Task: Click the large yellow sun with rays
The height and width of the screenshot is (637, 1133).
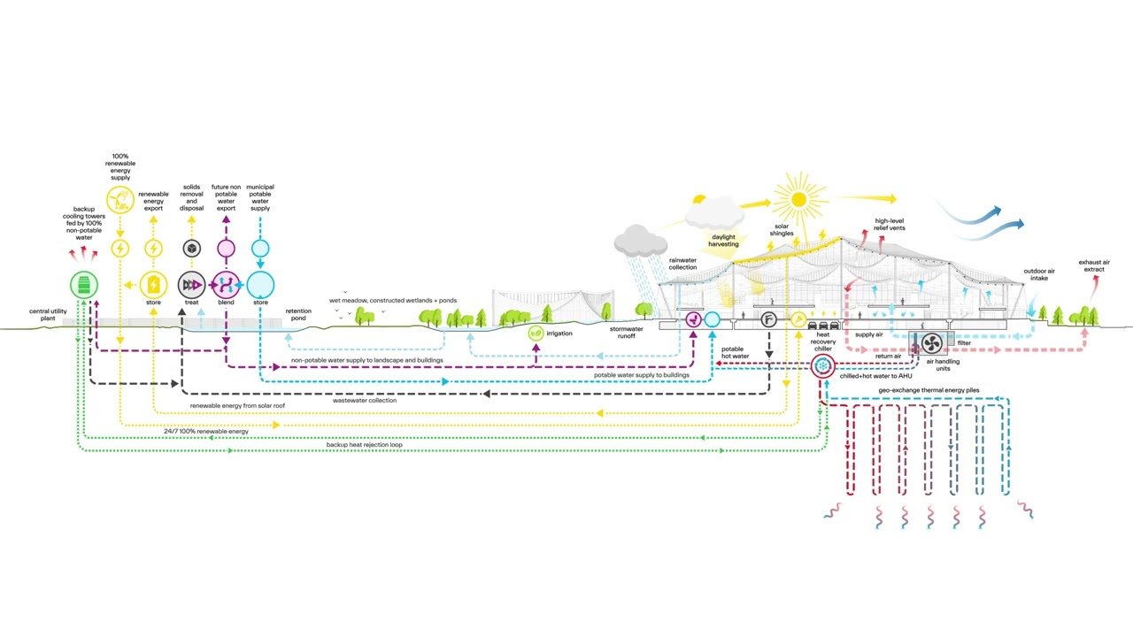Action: click(798, 199)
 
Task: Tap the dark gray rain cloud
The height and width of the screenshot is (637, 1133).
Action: click(640, 241)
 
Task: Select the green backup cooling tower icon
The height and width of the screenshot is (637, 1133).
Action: click(84, 285)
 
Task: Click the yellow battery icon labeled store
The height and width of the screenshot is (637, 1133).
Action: click(153, 285)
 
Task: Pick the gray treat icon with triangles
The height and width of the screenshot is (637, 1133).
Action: click(192, 285)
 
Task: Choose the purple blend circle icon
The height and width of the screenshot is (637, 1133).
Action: click(226, 285)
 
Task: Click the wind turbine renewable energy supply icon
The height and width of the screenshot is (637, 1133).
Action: click(120, 200)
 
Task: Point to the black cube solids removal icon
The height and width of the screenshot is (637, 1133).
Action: click(192, 249)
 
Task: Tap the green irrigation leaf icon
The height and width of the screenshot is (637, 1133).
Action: click(536, 334)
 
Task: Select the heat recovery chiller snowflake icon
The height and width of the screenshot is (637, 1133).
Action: click(823, 366)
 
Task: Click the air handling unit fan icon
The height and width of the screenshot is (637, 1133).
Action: click(932, 344)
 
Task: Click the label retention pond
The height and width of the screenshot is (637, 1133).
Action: click(298, 314)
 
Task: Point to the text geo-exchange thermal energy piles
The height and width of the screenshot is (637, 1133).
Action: click(929, 390)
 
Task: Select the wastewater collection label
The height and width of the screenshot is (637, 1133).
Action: click(365, 401)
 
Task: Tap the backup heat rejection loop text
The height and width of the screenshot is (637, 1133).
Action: click(364, 445)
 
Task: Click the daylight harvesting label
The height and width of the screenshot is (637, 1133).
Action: click(723, 241)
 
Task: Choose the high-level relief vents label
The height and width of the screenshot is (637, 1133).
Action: click(890, 225)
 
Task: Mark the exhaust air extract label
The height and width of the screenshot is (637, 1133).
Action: click(1094, 266)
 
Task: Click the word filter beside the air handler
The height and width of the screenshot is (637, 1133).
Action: click(964, 342)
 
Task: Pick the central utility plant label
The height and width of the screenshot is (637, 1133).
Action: click(48, 315)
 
